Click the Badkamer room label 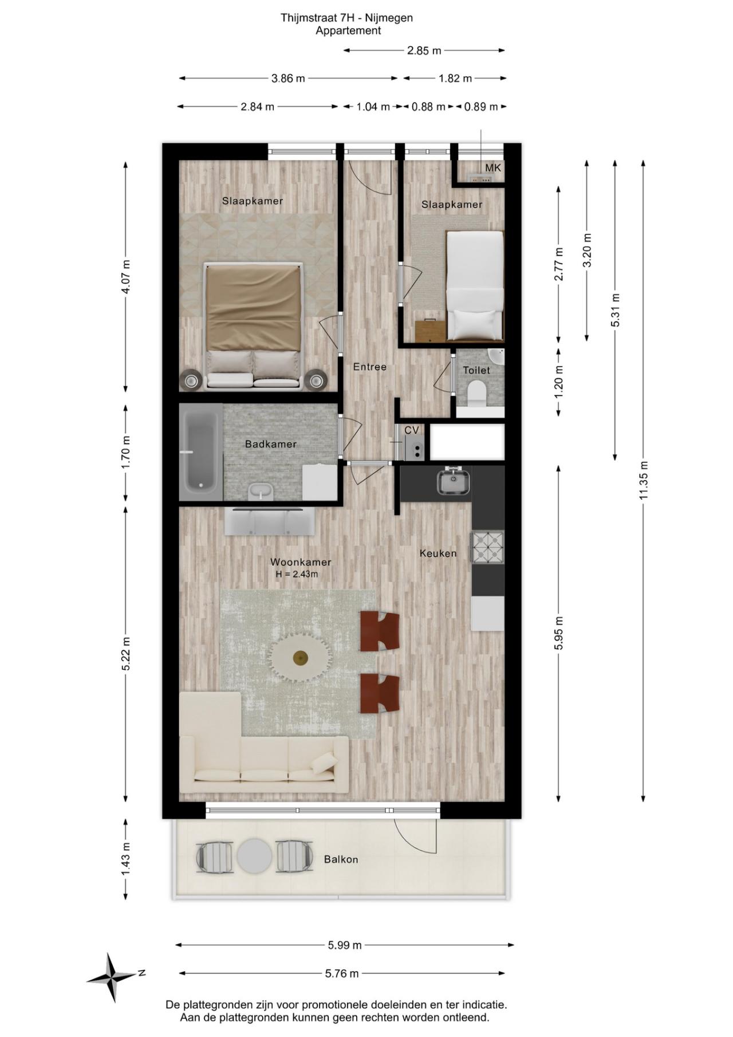(x=270, y=444)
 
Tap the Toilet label (x=476, y=370)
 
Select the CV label (x=411, y=430)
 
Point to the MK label (x=493, y=168)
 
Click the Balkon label (x=341, y=859)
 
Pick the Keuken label (x=438, y=553)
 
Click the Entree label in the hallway (x=370, y=367)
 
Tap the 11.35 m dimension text (x=644, y=480)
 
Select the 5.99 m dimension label (x=345, y=945)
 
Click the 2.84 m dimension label (x=257, y=107)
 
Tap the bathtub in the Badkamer (x=200, y=452)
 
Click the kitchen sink (x=454, y=481)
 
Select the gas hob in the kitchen (x=488, y=547)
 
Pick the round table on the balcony (x=254, y=856)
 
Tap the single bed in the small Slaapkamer (x=475, y=285)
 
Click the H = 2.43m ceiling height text (x=297, y=574)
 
